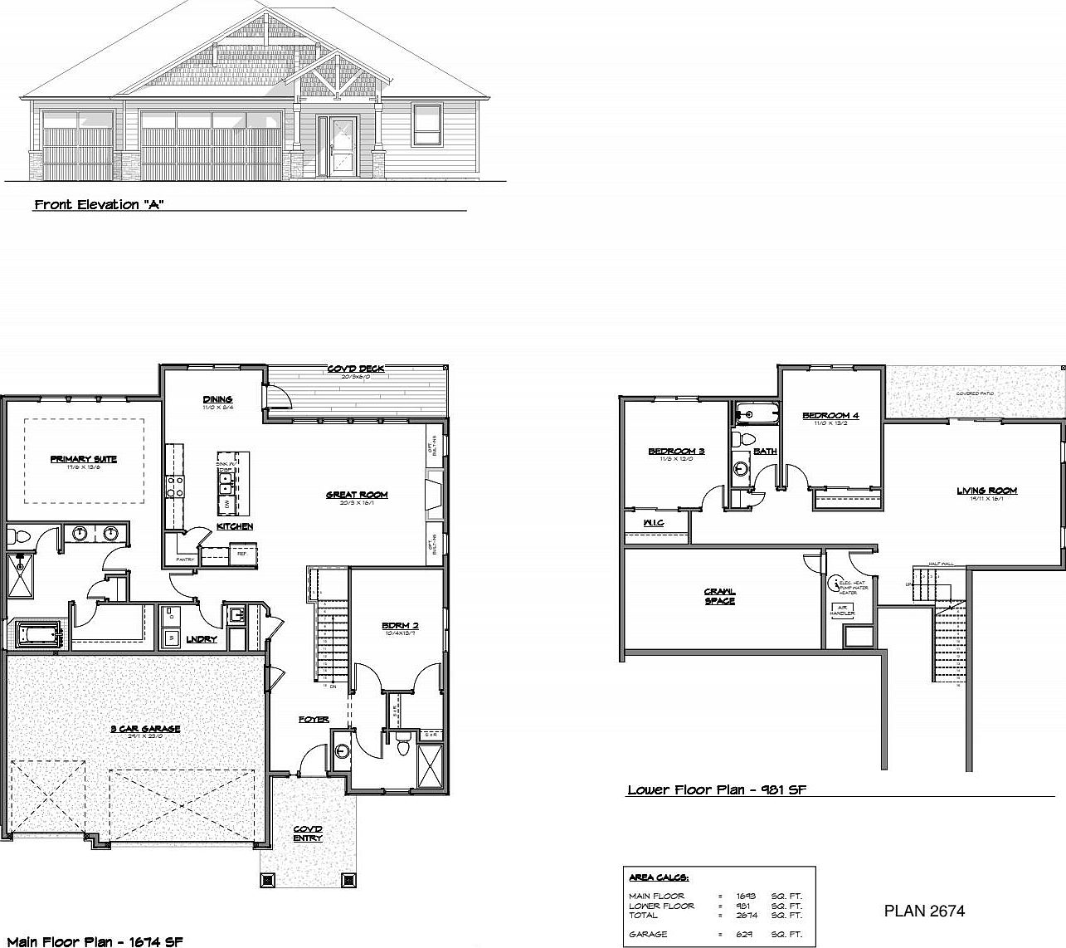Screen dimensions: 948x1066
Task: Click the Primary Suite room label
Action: point(83,459)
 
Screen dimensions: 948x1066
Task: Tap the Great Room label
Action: point(357,495)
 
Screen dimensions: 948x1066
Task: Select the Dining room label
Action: point(217,399)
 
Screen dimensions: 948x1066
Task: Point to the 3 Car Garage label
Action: point(146,729)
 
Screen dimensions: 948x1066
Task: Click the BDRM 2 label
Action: point(398,625)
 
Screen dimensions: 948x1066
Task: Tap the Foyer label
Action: point(314,719)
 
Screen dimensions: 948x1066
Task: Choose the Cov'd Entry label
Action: point(308,833)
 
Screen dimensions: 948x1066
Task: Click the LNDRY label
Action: point(202,639)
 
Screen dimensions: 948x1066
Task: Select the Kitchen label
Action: point(235,526)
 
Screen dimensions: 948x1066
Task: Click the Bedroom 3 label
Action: point(676,451)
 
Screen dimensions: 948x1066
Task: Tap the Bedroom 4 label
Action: point(830,415)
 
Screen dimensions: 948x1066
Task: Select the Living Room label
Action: point(986,491)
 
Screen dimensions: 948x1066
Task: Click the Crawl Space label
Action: point(719,596)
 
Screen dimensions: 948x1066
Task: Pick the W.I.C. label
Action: point(654,523)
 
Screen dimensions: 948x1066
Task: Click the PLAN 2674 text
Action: point(924,911)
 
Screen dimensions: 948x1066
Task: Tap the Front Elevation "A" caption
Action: point(99,204)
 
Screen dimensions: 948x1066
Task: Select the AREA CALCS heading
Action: point(659,877)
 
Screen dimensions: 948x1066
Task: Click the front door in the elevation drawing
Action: point(342,145)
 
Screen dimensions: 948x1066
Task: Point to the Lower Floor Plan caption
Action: point(716,790)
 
